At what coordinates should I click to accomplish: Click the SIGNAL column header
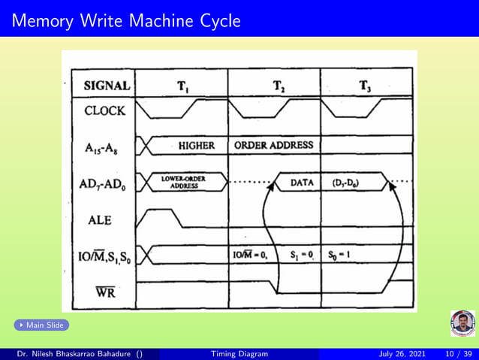tap(107, 86)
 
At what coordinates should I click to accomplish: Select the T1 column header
tap(182, 86)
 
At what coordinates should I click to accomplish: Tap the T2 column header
tap(279, 86)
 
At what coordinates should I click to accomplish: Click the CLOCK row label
tap(105, 110)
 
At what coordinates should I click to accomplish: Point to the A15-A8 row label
tap(104, 146)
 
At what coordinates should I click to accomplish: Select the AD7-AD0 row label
tap(105, 183)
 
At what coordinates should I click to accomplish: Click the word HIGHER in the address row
tap(197, 145)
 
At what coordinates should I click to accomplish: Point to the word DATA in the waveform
tap(302, 182)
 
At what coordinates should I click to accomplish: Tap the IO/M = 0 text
tap(251, 255)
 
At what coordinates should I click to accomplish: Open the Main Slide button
tap(41, 325)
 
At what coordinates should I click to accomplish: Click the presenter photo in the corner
tap(462, 323)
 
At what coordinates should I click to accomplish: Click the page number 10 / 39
tap(459, 353)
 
